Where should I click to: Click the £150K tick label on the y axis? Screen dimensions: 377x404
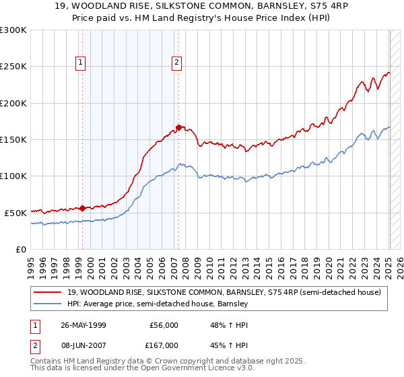click(13, 139)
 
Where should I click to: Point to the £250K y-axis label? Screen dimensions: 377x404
click(13, 67)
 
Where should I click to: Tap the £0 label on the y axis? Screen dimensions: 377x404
click(20, 249)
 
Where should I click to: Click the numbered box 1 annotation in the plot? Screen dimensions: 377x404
click(81, 63)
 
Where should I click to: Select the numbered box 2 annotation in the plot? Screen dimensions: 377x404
click(176, 63)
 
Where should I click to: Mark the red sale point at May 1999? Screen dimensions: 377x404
click(82, 208)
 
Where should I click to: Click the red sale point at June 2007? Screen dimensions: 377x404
click(178, 127)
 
